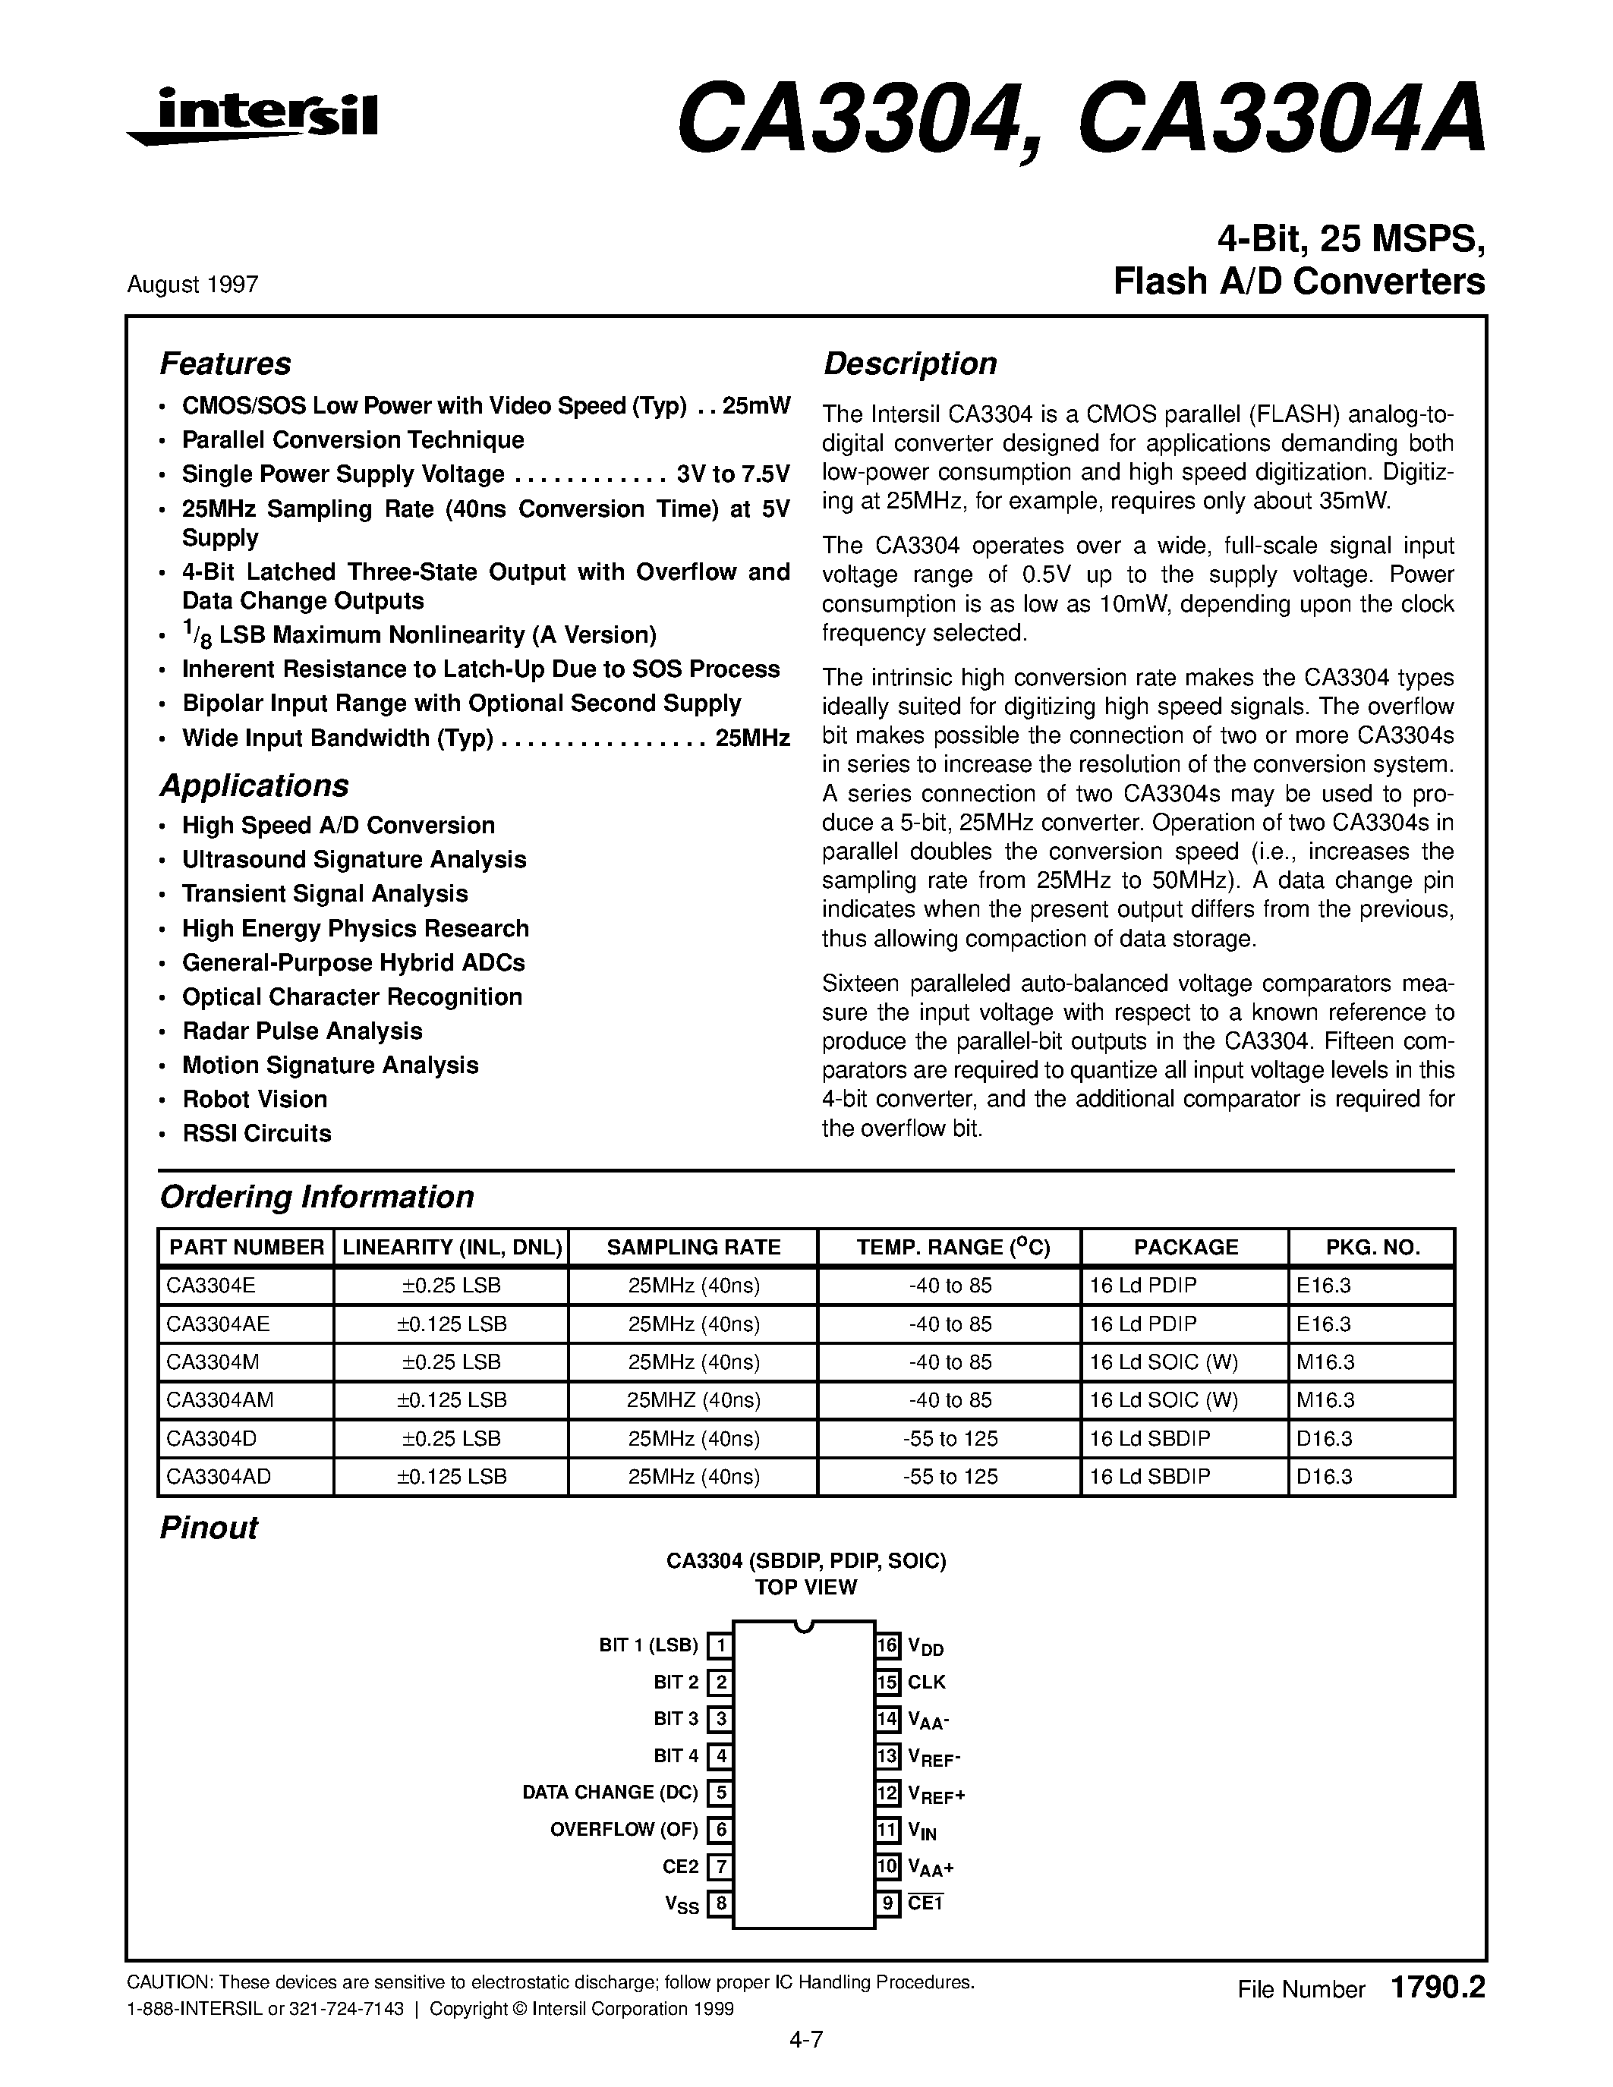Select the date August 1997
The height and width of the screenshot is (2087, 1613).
[192, 285]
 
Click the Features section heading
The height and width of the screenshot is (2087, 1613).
[225, 364]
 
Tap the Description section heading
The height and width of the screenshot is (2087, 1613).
[909, 364]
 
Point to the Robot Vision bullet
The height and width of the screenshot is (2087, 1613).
[254, 1099]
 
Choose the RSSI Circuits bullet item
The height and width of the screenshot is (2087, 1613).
[256, 1133]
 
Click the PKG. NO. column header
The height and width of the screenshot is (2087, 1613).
[1372, 1247]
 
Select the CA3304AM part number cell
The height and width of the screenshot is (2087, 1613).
[220, 1400]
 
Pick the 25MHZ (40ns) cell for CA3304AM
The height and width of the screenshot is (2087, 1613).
[694, 1400]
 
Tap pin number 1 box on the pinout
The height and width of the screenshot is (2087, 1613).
[720, 1645]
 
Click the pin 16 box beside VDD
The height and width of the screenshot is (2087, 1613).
[888, 1645]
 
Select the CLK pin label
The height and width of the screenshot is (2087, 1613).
[927, 1682]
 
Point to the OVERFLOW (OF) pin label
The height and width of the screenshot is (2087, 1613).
[624, 1829]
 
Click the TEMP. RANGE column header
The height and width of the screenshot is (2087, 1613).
[953, 1247]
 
